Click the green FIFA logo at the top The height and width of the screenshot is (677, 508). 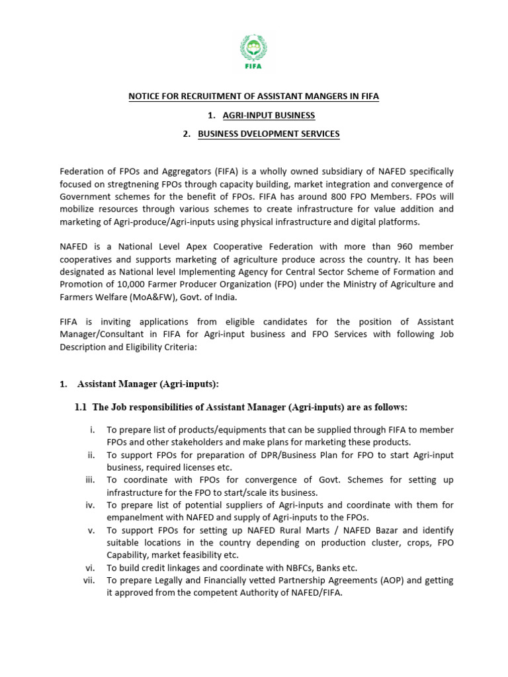pos(253,50)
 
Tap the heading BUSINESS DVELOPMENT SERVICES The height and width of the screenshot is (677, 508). pos(269,134)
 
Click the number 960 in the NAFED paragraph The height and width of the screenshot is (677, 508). pos(398,246)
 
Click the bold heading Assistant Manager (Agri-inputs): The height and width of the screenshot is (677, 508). pos(148,384)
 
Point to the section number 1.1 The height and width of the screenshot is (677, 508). pos(81,407)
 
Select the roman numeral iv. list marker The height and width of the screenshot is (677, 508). pos(91,505)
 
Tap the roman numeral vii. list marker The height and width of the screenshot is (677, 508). pos(89,580)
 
